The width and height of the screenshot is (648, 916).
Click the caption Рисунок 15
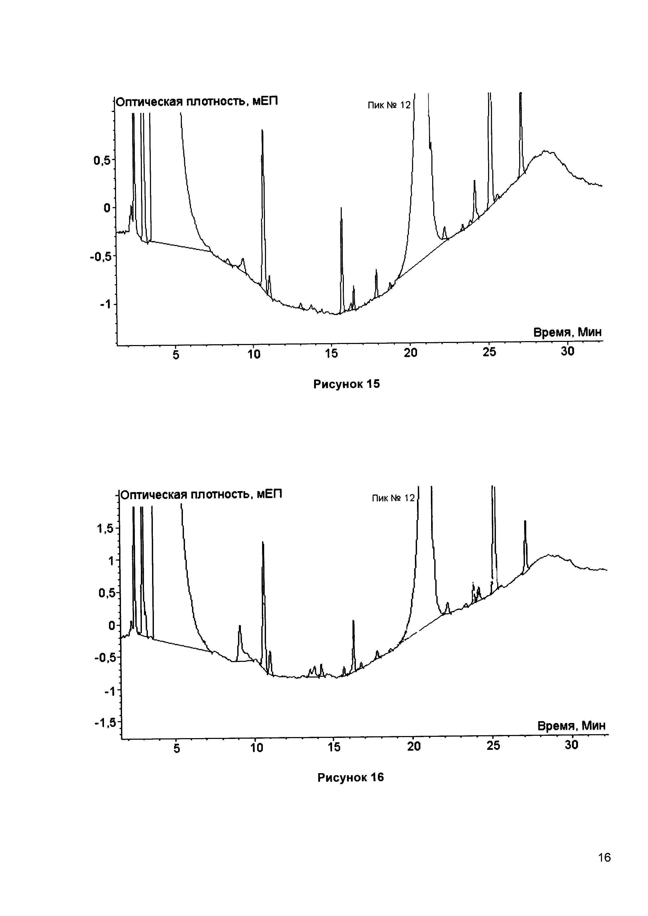[346, 384]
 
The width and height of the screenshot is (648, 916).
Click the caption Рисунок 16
[350, 778]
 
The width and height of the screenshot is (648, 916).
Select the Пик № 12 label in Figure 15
[389, 105]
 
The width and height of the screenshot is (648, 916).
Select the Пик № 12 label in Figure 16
[393, 498]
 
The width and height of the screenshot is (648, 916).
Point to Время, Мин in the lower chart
[571, 726]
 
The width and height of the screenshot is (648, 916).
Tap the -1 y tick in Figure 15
[105, 304]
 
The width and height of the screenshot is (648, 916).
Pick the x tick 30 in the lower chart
[571, 745]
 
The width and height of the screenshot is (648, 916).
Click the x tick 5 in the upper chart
[176, 354]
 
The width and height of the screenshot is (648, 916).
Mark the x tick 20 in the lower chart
[414, 746]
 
